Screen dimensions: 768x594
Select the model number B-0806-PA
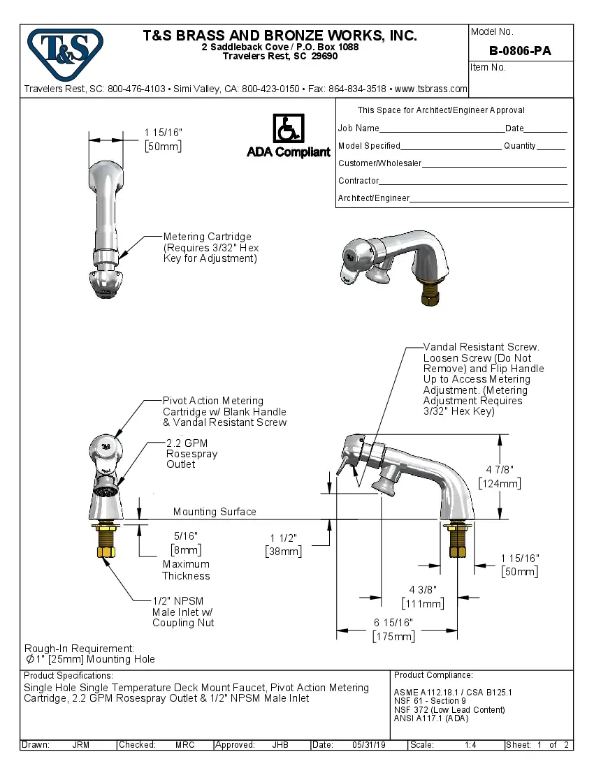click(x=521, y=50)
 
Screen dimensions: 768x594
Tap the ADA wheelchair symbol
click(x=287, y=129)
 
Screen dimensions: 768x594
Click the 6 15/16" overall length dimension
click(x=393, y=623)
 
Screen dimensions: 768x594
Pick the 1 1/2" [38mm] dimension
click(x=284, y=538)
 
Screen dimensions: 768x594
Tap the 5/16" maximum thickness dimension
click(x=185, y=536)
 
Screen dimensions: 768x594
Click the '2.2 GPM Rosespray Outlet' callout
click(x=191, y=454)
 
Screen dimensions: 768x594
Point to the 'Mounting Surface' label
click(x=215, y=512)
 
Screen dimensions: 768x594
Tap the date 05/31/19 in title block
click(x=368, y=745)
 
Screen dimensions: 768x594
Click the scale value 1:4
click(x=470, y=745)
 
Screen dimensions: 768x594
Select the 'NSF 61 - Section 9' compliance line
click(x=430, y=701)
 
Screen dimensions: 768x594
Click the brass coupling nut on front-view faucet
click(x=106, y=552)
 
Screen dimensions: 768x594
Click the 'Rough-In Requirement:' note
click(x=79, y=649)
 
